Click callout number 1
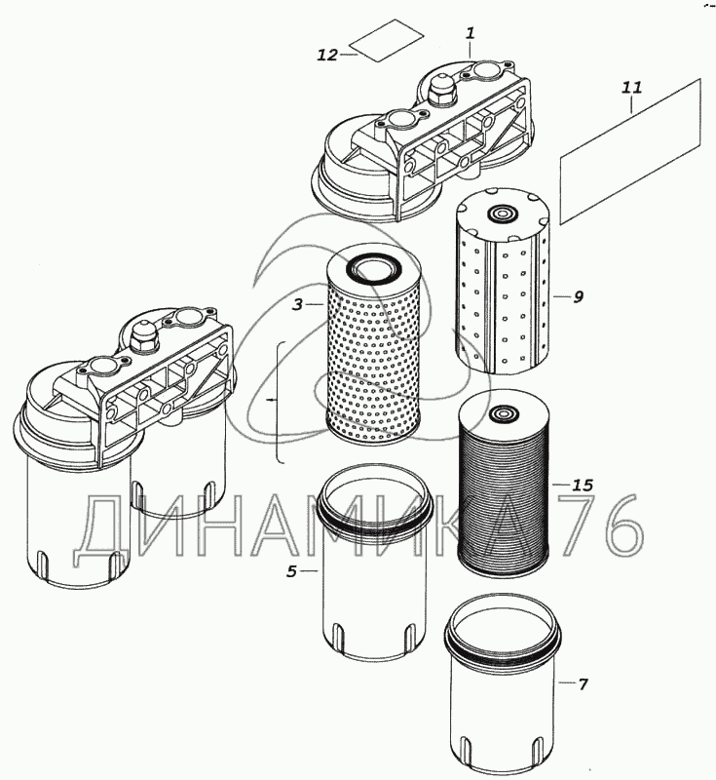tap(470, 34)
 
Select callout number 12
tap(326, 56)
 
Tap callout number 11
tap(632, 88)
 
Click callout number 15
tap(583, 485)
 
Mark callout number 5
tap(291, 571)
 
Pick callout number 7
tap(583, 684)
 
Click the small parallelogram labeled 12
tap(387, 40)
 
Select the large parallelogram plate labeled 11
tap(632, 149)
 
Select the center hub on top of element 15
tap(503, 413)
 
